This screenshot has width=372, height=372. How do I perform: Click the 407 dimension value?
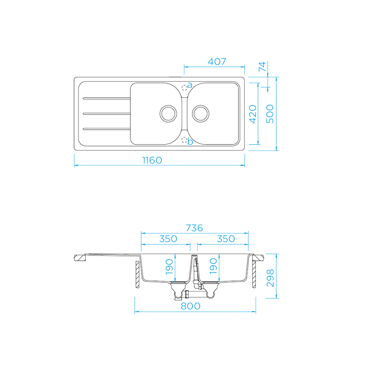[217, 61]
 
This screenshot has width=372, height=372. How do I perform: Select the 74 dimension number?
[262, 66]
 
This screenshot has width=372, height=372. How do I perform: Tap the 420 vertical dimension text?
[253, 114]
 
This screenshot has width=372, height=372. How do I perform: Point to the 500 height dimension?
[270, 114]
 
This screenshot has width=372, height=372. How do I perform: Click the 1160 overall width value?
[152, 160]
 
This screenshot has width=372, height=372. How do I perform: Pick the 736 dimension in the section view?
[194, 228]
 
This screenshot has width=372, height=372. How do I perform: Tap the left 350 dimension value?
[168, 239]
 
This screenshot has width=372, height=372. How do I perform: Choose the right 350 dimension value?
[225, 239]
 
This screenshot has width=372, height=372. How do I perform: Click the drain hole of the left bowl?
[168, 112]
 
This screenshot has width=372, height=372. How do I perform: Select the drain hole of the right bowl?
[200, 112]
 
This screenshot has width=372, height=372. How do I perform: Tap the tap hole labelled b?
[184, 139]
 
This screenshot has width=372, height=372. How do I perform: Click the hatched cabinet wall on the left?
[137, 275]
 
